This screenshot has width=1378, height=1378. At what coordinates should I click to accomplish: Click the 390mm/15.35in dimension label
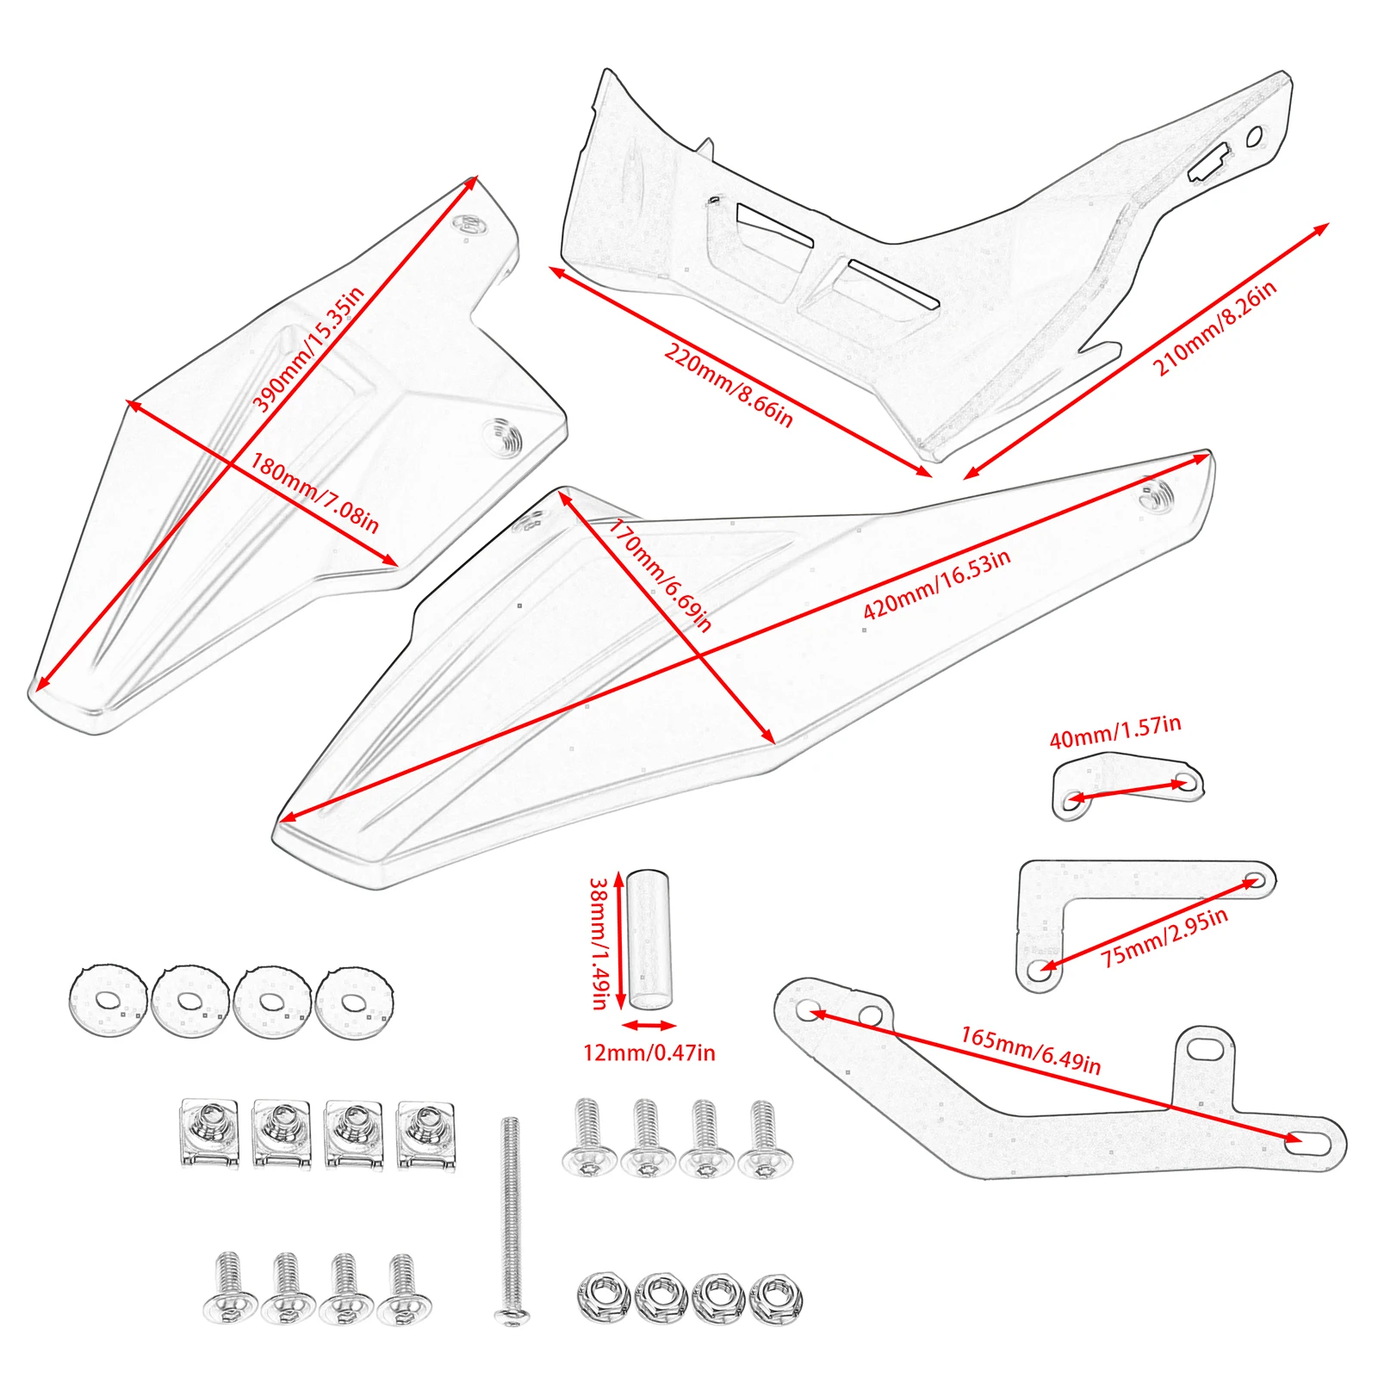308,348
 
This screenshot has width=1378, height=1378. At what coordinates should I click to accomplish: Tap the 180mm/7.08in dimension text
314,493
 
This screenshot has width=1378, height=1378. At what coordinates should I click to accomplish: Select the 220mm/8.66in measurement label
728,385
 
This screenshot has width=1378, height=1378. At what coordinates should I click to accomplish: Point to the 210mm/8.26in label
1214,329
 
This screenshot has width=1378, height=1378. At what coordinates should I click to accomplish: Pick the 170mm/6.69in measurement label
661,575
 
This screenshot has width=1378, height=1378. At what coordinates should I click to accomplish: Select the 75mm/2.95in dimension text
1164,937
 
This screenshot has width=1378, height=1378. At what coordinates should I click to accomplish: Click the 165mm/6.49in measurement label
1030,1049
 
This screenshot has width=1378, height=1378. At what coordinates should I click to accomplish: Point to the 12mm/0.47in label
649,1052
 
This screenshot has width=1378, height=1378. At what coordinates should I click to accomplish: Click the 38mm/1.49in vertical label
599,942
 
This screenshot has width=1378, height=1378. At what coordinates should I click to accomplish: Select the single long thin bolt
511,1219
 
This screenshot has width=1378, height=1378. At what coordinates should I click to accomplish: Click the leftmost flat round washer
107,1000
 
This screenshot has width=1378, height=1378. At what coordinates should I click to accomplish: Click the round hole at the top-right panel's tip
1255,136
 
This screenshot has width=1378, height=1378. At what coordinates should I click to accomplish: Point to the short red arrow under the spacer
649,1025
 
